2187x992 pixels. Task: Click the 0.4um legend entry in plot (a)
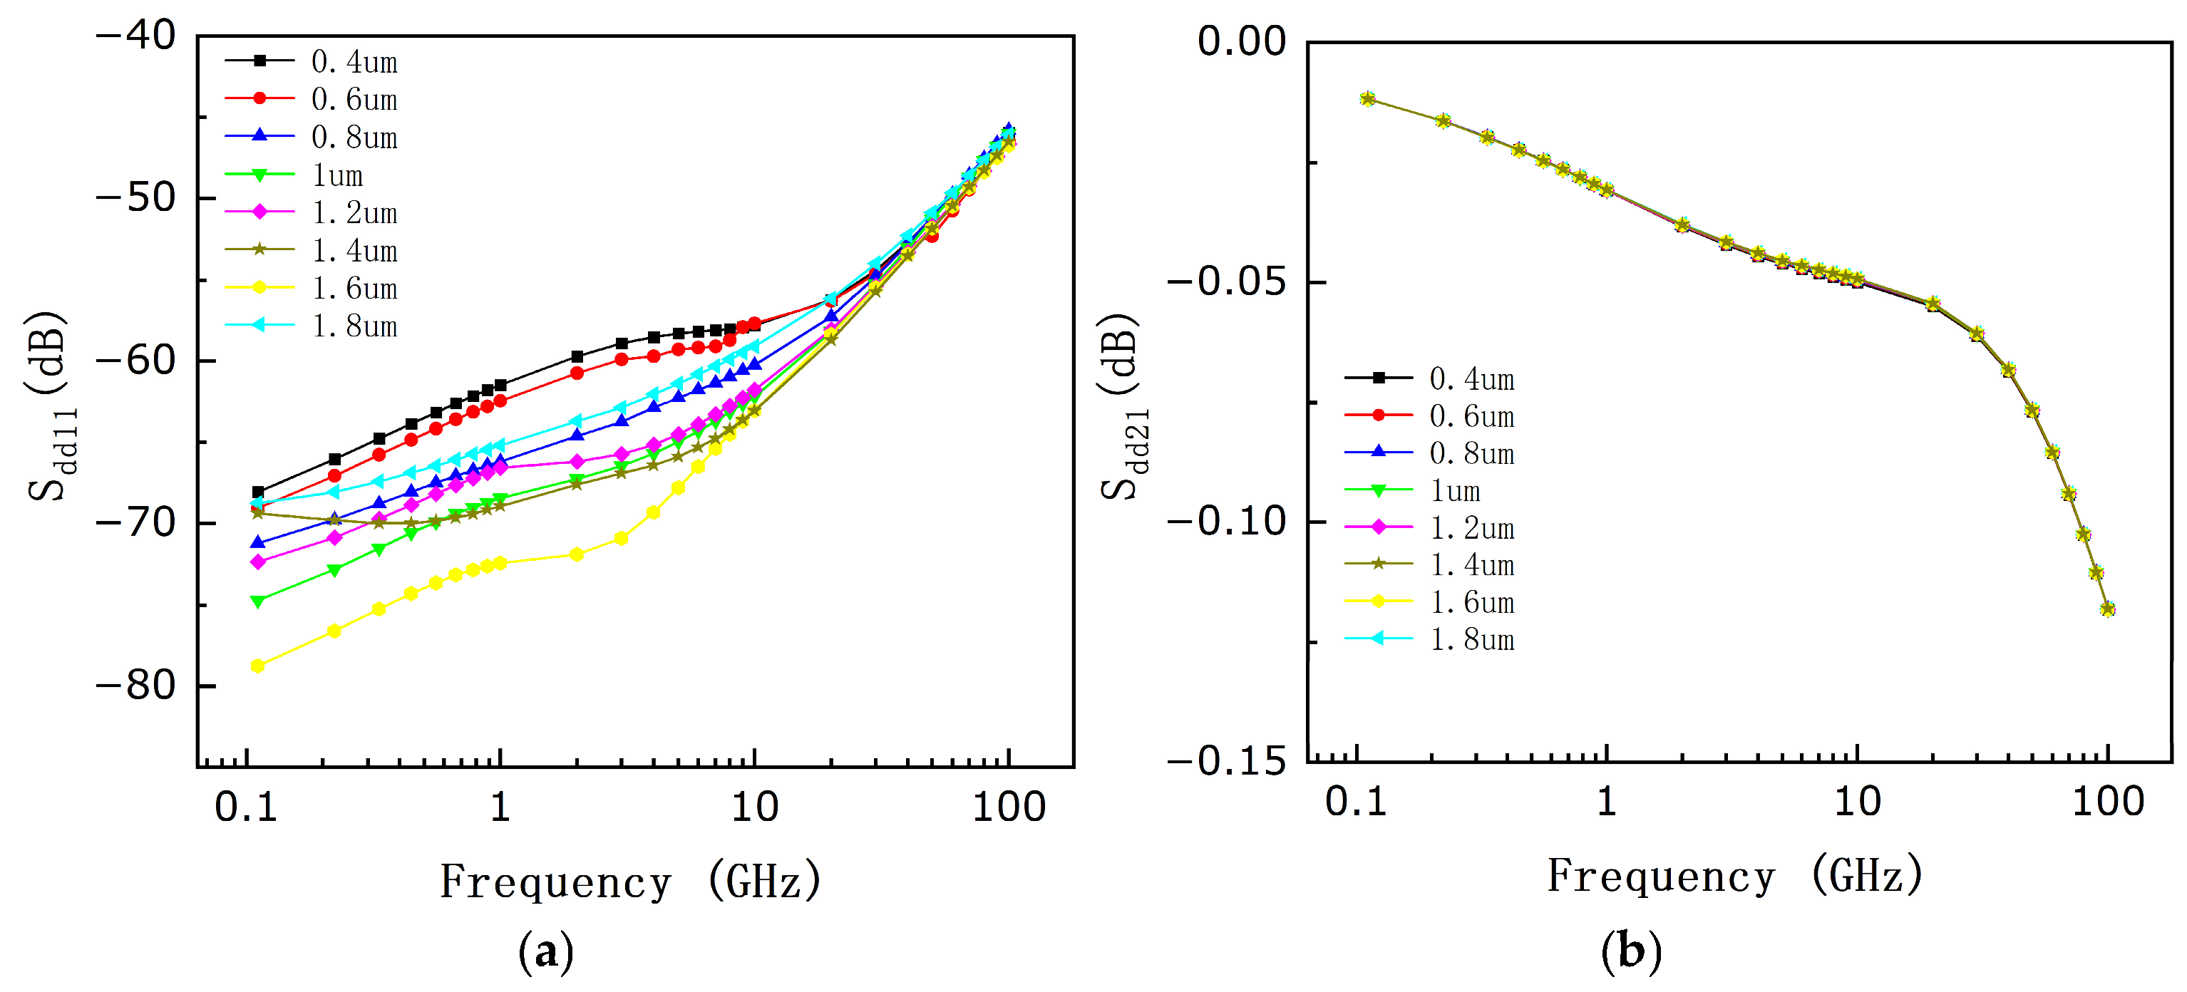[x=311, y=61]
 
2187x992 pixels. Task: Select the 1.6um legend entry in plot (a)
[x=311, y=289]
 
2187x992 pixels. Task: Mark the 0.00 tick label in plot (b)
[x=1241, y=41]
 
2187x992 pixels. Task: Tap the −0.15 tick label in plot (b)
[x=1228, y=761]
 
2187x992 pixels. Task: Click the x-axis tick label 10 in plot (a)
[x=755, y=806]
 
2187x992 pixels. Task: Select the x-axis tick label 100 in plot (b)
[x=2108, y=801]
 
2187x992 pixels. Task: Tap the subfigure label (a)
[x=546, y=952]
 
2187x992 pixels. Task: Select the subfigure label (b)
[x=1631, y=952]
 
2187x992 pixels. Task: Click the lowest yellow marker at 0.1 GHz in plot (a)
[x=258, y=666]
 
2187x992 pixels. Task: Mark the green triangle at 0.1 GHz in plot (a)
[x=258, y=601]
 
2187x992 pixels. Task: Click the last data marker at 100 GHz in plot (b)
[x=2107, y=609]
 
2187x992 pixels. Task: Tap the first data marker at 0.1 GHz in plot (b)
[x=1367, y=98]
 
